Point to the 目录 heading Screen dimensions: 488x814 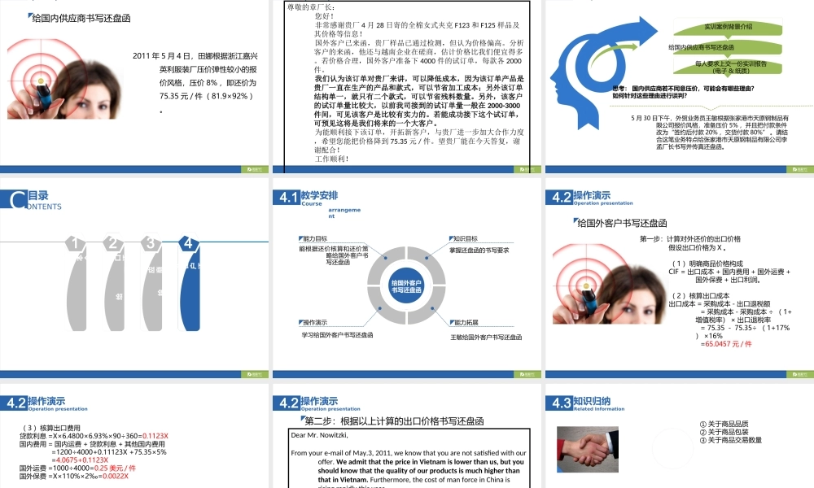click(38, 195)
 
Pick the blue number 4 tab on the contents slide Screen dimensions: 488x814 click(188, 243)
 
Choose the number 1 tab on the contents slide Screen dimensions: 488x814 click(75, 243)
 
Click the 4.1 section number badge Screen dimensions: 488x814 click(288, 198)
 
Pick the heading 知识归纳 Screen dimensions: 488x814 click(592, 400)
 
